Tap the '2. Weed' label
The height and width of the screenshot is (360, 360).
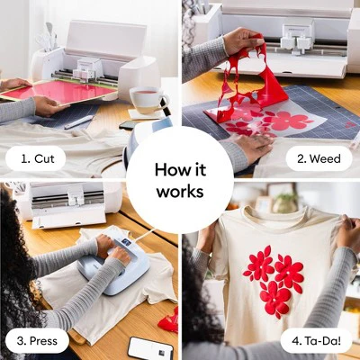pos(319,158)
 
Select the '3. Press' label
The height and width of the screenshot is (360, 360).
pos(37,341)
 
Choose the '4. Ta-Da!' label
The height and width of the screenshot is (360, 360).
pos(316,341)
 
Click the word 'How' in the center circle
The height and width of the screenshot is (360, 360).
pos(168,170)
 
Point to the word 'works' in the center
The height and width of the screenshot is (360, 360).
pos(180,192)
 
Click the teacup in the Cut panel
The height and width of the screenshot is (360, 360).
pos(148,100)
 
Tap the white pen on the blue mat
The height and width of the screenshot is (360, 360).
pos(79,122)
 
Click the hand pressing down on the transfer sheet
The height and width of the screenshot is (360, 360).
pos(251,145)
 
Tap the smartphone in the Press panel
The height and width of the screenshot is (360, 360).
pos(150,348)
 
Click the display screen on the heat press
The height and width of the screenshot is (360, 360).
pos(126,241)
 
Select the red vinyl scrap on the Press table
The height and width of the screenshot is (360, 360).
pos(169,320)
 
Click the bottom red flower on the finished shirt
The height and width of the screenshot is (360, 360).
pos(275,298)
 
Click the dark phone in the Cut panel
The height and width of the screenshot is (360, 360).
pos(130,124)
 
